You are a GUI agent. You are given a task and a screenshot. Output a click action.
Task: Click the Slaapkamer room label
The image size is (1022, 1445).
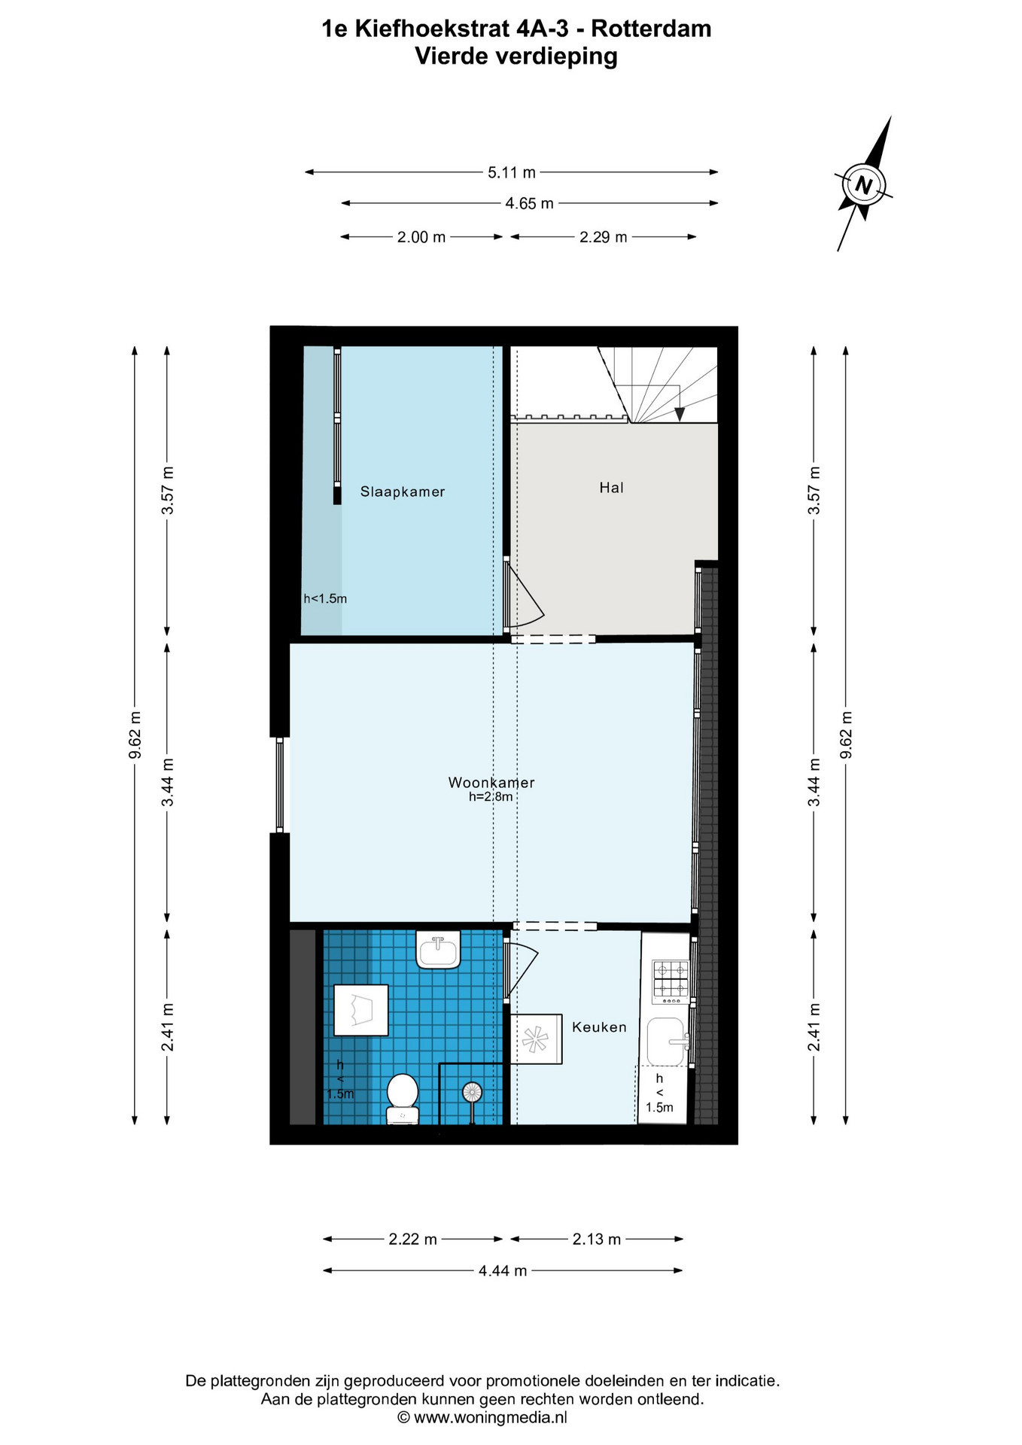[403, 491]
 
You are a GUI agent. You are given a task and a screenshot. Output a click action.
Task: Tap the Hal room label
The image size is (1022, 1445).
[611, 488]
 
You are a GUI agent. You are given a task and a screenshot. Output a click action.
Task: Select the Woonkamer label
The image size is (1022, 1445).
[491, 782]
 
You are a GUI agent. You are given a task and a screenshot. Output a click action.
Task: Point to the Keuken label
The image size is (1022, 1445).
[599, 1027]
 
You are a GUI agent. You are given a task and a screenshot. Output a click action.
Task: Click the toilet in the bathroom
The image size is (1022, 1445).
[403, 1099]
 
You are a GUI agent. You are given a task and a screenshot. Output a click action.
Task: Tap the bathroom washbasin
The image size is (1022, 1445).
[438, 949]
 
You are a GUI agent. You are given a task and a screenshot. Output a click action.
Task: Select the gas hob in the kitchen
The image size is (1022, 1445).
[670, 981]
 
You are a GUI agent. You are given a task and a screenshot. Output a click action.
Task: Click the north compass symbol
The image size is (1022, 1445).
[864, 184]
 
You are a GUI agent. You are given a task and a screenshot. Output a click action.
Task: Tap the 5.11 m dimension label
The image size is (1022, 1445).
[512, 172]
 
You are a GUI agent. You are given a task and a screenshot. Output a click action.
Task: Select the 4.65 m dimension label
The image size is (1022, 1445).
[529, 203]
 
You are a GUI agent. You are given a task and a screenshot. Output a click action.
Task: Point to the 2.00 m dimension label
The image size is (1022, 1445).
[421, 237]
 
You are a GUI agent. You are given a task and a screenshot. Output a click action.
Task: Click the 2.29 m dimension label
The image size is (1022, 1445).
[603, 237]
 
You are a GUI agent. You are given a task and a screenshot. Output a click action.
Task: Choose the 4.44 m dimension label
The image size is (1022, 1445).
[503, 1270]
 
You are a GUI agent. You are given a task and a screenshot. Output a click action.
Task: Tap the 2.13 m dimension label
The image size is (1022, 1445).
[597, 1239]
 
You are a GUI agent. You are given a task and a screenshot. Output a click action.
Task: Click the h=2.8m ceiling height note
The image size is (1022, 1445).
[491, 796]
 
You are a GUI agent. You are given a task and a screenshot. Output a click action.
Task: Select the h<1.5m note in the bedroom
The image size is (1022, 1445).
[325, 599]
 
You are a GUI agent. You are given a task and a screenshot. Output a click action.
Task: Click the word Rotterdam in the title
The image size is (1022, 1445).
[651, 29]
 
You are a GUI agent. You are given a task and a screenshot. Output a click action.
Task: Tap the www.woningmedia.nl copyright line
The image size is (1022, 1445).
[482, 1417]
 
